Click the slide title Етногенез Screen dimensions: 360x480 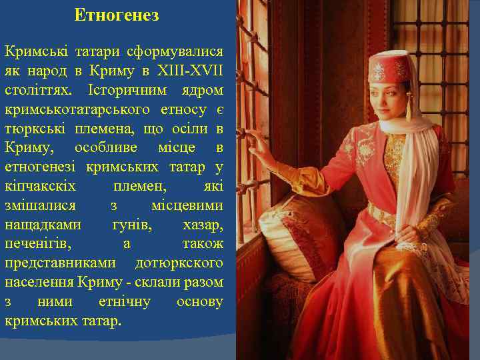coord(117,15)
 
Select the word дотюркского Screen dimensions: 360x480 coord(179,263)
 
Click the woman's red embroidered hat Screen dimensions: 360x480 coord(389,67)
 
